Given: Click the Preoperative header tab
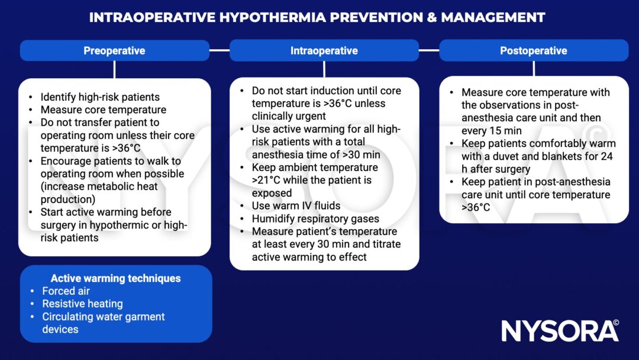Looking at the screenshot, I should click(114, 50).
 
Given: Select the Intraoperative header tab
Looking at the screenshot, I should click(324, 50).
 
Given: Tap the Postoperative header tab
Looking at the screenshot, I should click(533, 50).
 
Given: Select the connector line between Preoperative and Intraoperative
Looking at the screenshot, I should click(220, 50).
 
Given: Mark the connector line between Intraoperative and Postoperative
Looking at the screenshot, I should click(429, 50).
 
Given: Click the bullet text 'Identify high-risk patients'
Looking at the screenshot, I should click(100, 97).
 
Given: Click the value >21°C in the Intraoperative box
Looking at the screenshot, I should click(265, 180).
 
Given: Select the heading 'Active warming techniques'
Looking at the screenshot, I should click(115, 278).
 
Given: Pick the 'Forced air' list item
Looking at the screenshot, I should click(66, 291).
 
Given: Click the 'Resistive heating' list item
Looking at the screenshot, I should click(82, 304).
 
